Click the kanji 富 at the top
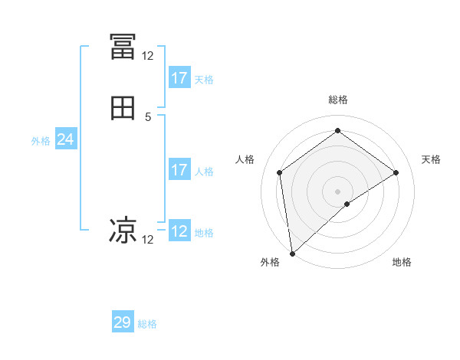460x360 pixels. coord(123,47)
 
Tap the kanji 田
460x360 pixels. coord(123,109)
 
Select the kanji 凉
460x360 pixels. coord(123,230)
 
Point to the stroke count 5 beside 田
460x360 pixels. coord(148,117)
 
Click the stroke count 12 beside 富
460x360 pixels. coord(147,55)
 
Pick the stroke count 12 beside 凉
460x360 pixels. coord(147,240)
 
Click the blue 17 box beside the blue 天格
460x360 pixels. coord(179,78)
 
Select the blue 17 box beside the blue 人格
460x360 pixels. coord(179,170)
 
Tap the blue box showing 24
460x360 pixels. coord(66,139)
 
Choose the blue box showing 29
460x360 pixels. coord(123,322)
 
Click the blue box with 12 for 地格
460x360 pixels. coord(179,231)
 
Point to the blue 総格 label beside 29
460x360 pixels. coord(147,324)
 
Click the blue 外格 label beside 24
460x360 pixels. coord(41,141)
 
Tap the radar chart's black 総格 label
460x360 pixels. coord(338,100)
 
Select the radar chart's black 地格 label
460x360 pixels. coord(402,262)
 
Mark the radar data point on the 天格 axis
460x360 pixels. coord(396,172)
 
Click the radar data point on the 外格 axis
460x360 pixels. coord(292,253)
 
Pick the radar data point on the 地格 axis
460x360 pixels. coord(347,204)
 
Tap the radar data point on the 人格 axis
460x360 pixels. coord(280,172)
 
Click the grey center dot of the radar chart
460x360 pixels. coord(338,191)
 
